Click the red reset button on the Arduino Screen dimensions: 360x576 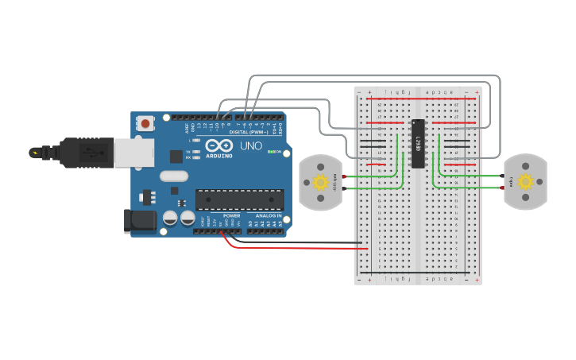click(x=145, y=123)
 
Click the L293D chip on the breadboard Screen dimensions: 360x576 click(x=417, y=144)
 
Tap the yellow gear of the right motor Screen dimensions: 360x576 click(x=525, y=182)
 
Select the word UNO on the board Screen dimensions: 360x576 click(x=251, y=146)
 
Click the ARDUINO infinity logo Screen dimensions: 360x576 click(x=218, y=146)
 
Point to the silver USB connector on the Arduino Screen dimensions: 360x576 click(x=135, y=153)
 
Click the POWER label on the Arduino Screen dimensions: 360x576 click(x=231, y=215)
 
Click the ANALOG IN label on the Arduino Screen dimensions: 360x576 click(x=269, y=215)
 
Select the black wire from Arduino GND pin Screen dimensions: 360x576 click(x=302, y=242)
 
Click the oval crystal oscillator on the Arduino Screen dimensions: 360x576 click(x=174, y=176)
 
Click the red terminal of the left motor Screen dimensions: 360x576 click(x=344, y=176)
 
